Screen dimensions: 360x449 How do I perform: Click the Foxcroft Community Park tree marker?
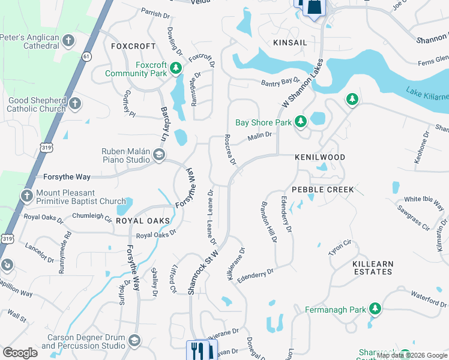pyautogui.click(x=176, y=68)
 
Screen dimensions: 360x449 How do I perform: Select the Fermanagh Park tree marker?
pyautogui.click(x=375, y=309)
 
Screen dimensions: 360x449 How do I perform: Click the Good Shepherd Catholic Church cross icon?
pyautogui.click(x=75, y=104)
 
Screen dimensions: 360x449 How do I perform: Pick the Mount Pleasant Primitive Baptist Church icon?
pyautogui.click(x=27, y=196)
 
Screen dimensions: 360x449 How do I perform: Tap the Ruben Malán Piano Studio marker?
pyautogui.click(x=158, y=156)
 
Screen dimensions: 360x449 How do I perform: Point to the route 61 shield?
pyautogui.click(x=88, y=56)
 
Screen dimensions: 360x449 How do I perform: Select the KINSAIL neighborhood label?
pyautogui.click(x=290, y=43)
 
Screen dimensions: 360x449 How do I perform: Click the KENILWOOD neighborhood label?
pyautogui.click(x=320, y=157)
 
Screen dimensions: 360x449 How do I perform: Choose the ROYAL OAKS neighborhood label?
pyautogui.click(x=140, y=221)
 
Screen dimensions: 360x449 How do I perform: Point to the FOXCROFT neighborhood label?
pyautogui.click(x=133, y=46)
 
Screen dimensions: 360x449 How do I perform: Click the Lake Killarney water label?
pyautogui.click(x=427, y=94)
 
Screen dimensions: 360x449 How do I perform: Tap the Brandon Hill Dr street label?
pyautogui.click(x=268, y=221)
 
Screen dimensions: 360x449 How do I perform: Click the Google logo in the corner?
pyautogui.click(x=20, y=353)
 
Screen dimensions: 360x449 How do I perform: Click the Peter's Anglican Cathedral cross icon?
pyautogui.click(x=68, y=41)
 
